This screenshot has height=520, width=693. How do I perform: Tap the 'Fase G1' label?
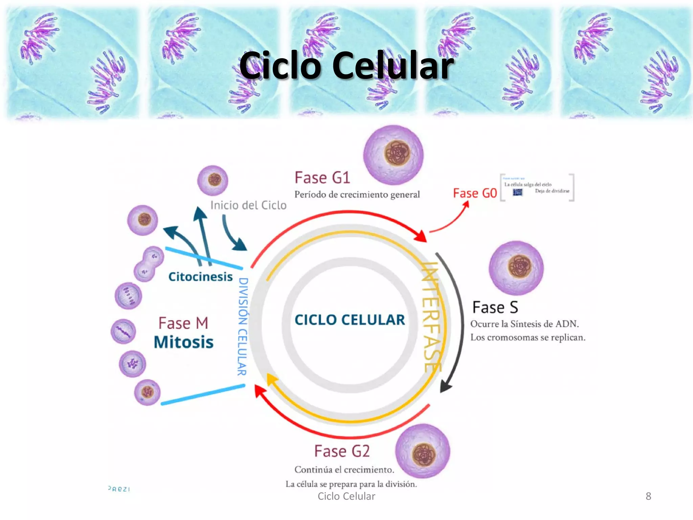point(322,178)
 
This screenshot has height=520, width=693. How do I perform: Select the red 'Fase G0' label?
point(475,193)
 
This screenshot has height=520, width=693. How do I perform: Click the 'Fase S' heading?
point(495,307)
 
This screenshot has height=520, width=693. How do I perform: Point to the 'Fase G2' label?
point(342,451)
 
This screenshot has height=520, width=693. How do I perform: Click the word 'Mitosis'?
point(183,342)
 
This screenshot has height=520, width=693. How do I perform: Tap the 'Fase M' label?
point(183,323)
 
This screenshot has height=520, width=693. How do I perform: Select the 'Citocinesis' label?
point(200,277)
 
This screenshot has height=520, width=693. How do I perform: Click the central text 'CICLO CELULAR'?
point(350,320)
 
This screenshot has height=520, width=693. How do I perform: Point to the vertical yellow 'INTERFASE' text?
point(431,317)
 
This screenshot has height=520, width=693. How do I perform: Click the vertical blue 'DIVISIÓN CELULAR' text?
point(242,327)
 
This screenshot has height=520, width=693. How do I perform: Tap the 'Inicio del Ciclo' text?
point(248,205)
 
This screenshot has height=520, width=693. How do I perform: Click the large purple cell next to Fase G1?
point(393,155)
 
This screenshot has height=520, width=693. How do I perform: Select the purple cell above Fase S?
point(516,267)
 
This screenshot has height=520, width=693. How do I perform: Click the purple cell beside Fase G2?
point(423,451)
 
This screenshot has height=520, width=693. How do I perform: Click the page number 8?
point(648,496)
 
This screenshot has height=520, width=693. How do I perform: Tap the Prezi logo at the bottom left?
point(119,489)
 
